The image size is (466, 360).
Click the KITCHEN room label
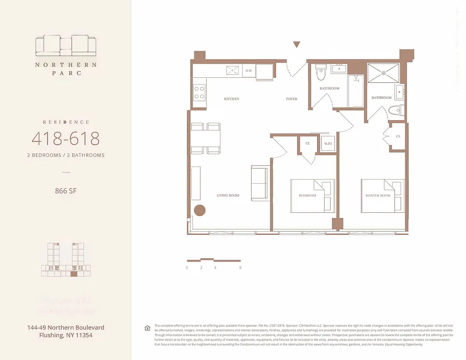[x=231, y=99]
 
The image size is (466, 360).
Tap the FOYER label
[x=291, y=99]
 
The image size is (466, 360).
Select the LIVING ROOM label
[x=228, y=195]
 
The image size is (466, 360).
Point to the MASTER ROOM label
[x=378, y=196]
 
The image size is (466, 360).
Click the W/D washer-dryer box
[x=328, y=144]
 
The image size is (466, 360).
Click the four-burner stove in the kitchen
[x=199, y=93]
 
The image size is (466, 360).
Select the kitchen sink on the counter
[x=233, y=70]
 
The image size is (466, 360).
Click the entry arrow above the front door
[x=296, y=44]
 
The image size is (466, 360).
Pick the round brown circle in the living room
[x=199, y=211]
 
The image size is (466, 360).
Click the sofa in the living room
[x=259, y=183]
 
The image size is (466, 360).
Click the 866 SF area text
[x=66, y=191]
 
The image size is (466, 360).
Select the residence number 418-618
[x=66, y=139]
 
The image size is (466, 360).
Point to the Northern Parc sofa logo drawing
[x=66, y=45]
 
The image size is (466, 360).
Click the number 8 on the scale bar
[x=241, y=268]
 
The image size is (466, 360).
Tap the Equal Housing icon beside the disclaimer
[x=147, y=328]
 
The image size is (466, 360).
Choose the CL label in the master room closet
[x=398, y=136]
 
